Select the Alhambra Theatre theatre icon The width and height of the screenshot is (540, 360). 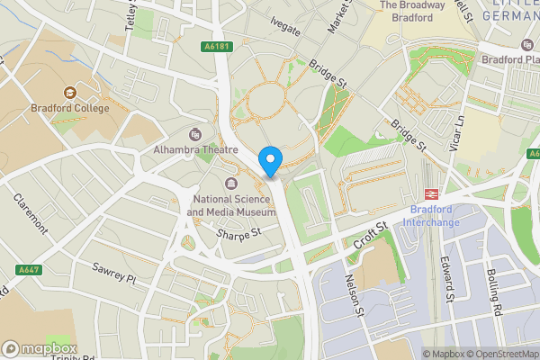click(x=195, y=134)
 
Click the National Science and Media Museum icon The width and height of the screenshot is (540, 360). click(x=231, y=185)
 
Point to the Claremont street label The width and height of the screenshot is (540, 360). click(x=28, y=212)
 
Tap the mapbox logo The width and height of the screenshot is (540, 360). click(x=39, y=348)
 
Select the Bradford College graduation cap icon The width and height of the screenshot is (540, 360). click(x=69, y=93)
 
